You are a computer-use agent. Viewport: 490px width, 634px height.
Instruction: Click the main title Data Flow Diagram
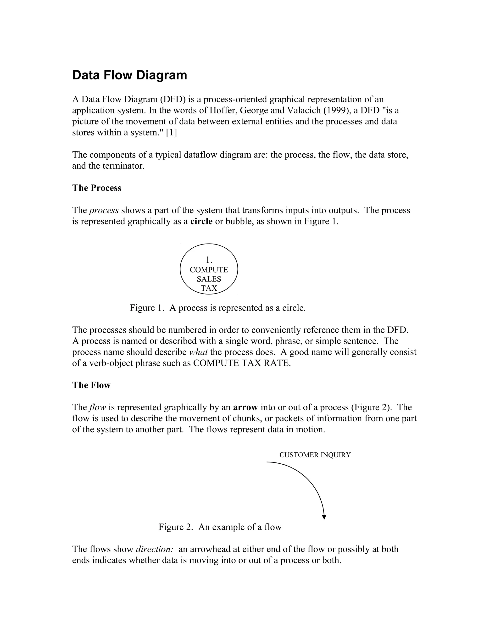click(129, 75)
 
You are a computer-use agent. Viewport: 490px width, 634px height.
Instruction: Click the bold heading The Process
click(97, 188)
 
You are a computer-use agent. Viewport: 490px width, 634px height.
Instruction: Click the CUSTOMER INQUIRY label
click(315, 455)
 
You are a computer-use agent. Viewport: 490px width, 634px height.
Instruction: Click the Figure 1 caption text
click(217, 308)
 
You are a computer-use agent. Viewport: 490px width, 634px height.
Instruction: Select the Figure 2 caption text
click(220, 527)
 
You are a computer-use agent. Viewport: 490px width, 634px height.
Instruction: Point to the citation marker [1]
click(171, 133)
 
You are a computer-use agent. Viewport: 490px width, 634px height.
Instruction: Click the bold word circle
click(201, 222)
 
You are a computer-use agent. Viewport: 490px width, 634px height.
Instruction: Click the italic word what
click(198, 352)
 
